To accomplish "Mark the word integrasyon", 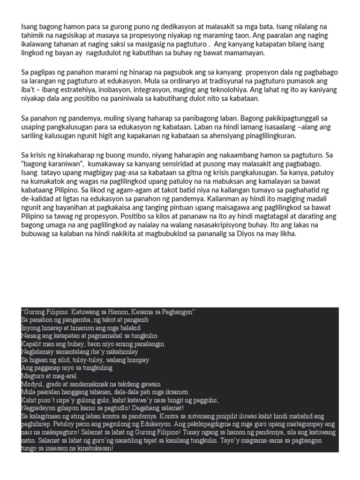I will click(174, 90).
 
